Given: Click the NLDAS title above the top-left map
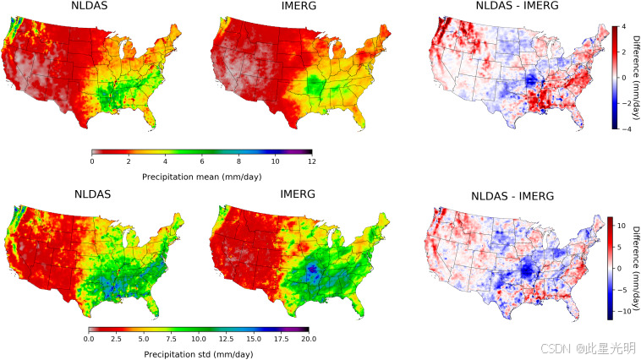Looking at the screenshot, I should tap(90, 8).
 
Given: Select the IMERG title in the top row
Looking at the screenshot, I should tap(297, 8).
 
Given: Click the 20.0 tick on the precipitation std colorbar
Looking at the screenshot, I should tap(309, 337).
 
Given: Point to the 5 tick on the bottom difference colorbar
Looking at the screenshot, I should tap(620, 247).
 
